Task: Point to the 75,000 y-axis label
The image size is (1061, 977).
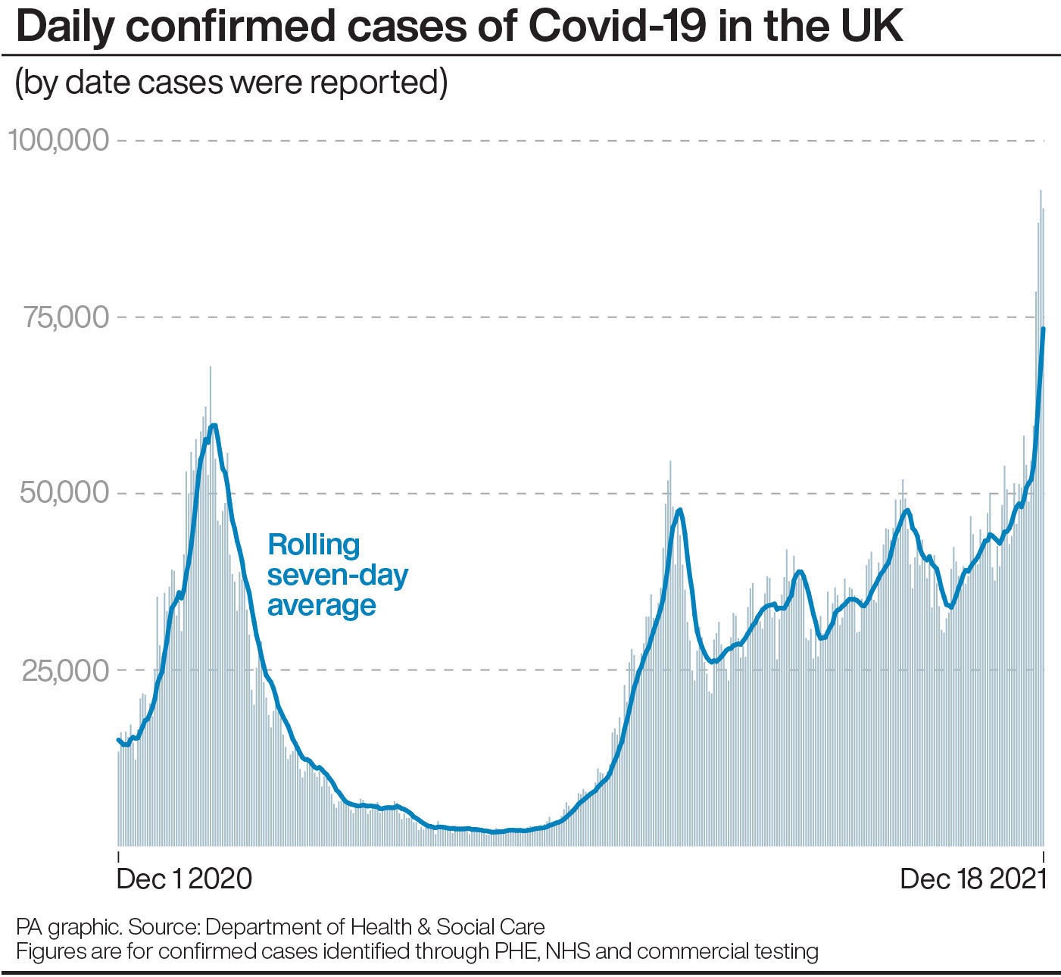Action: tap(67, 317)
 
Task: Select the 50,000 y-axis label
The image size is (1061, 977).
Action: tap(67, 493)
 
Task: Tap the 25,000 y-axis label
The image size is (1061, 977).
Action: tap(67, 670)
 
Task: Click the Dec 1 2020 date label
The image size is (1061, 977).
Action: tap(184, 879)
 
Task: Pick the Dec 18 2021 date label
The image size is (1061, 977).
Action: tap(972, 879)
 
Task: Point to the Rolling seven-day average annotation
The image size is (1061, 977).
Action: tap(338, 575)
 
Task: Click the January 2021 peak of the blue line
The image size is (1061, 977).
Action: tap(214, 426)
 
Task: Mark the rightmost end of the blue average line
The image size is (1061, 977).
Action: tap(1044, 329)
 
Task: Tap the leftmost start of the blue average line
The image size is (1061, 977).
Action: tap(118, 739)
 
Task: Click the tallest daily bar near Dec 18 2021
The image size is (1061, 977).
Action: tap(1041, 191)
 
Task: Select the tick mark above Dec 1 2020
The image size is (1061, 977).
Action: tap(118, 857)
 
